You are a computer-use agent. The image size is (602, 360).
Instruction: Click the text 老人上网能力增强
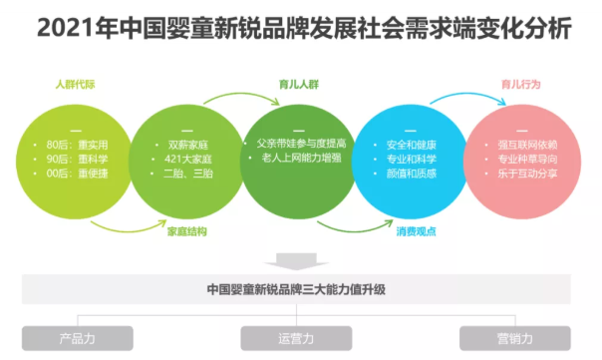pyautogui.click(x=302, y=158)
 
